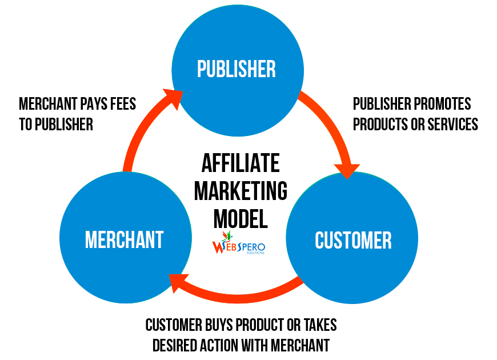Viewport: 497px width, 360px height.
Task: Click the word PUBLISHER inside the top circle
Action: [x=237, y=69]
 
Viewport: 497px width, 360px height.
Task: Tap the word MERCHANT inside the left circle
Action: [x=125, y=239]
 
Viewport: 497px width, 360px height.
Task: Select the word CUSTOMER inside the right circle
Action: [x=353, y=240]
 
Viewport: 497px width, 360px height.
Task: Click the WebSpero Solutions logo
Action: [x=238, y=243]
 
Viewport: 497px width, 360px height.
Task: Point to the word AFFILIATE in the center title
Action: [x=241, y=163]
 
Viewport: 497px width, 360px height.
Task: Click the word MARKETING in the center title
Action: [x=241, y=191]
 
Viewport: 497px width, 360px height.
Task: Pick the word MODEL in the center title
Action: [x=241, y=219]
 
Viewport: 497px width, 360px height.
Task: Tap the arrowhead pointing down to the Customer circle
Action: [x=347, y=171]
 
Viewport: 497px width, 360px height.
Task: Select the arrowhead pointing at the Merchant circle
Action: [x=177, y=282]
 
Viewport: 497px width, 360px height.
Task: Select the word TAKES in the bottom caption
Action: [x=320, y=325]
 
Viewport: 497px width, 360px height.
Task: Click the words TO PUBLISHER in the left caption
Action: [x=56, y=125]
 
